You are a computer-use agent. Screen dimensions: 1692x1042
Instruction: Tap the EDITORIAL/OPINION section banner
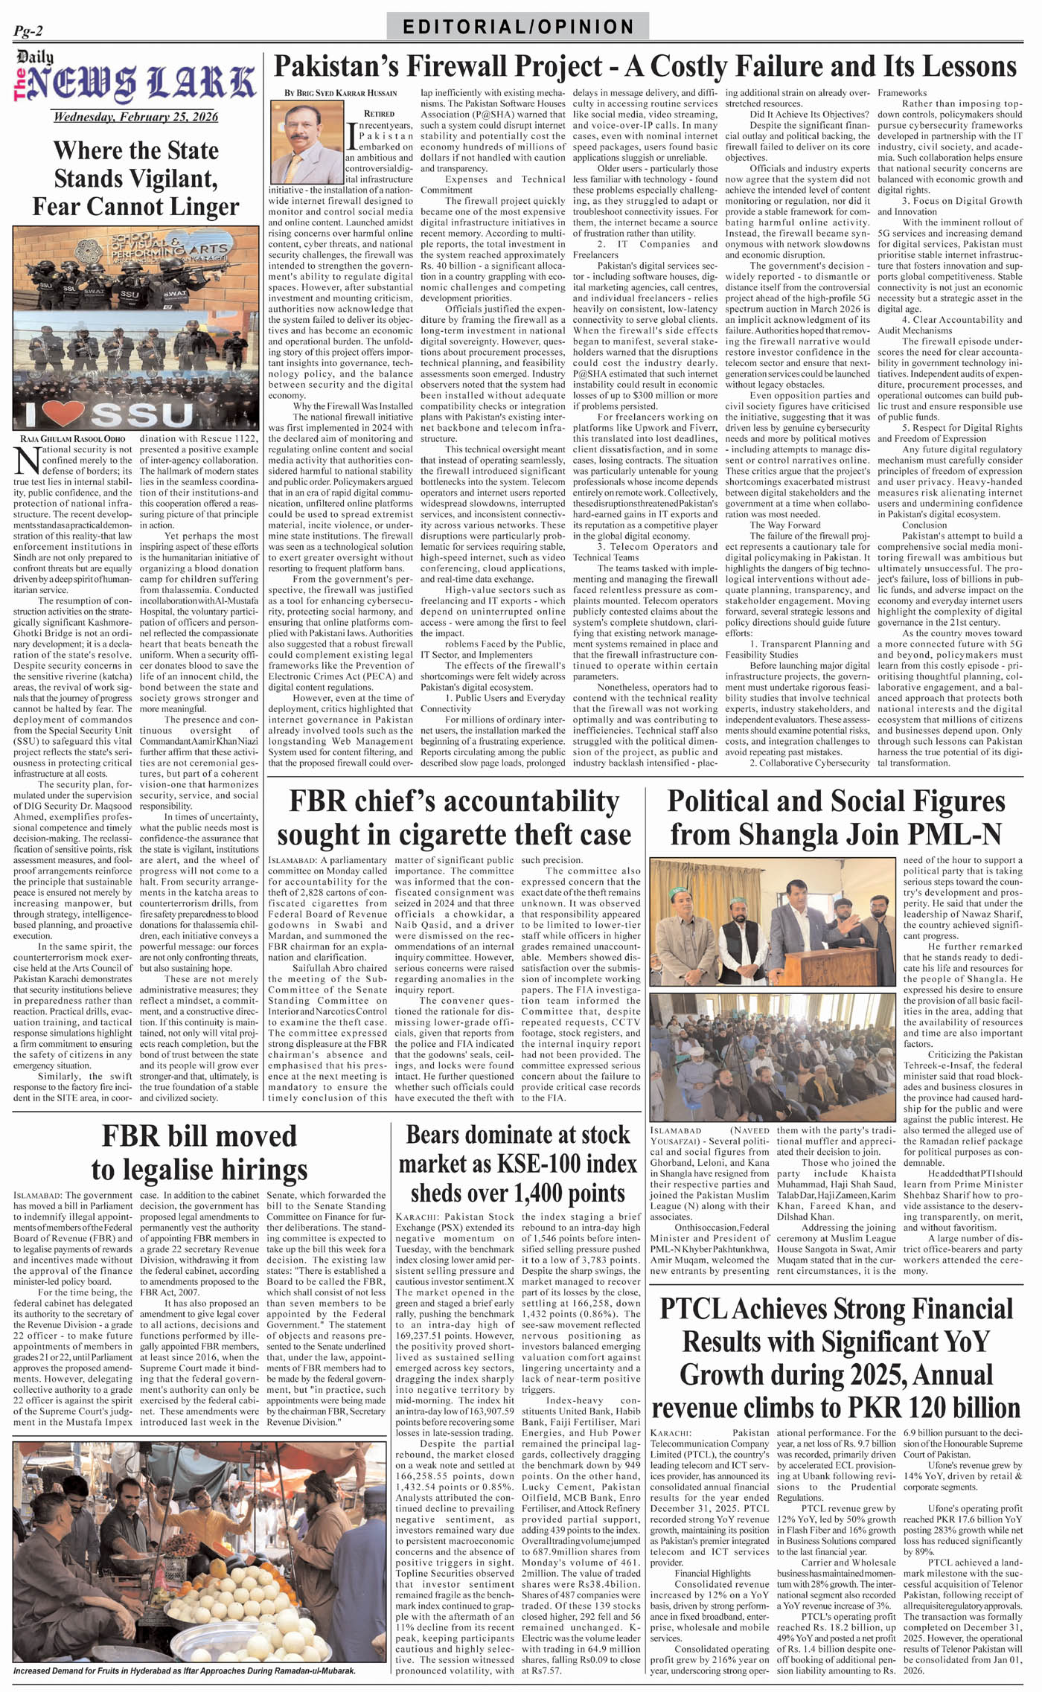pyautogui.click(x=518, y=27)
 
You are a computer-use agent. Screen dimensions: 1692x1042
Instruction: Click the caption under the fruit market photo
pyautogui.click(x=185, y=1668)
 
